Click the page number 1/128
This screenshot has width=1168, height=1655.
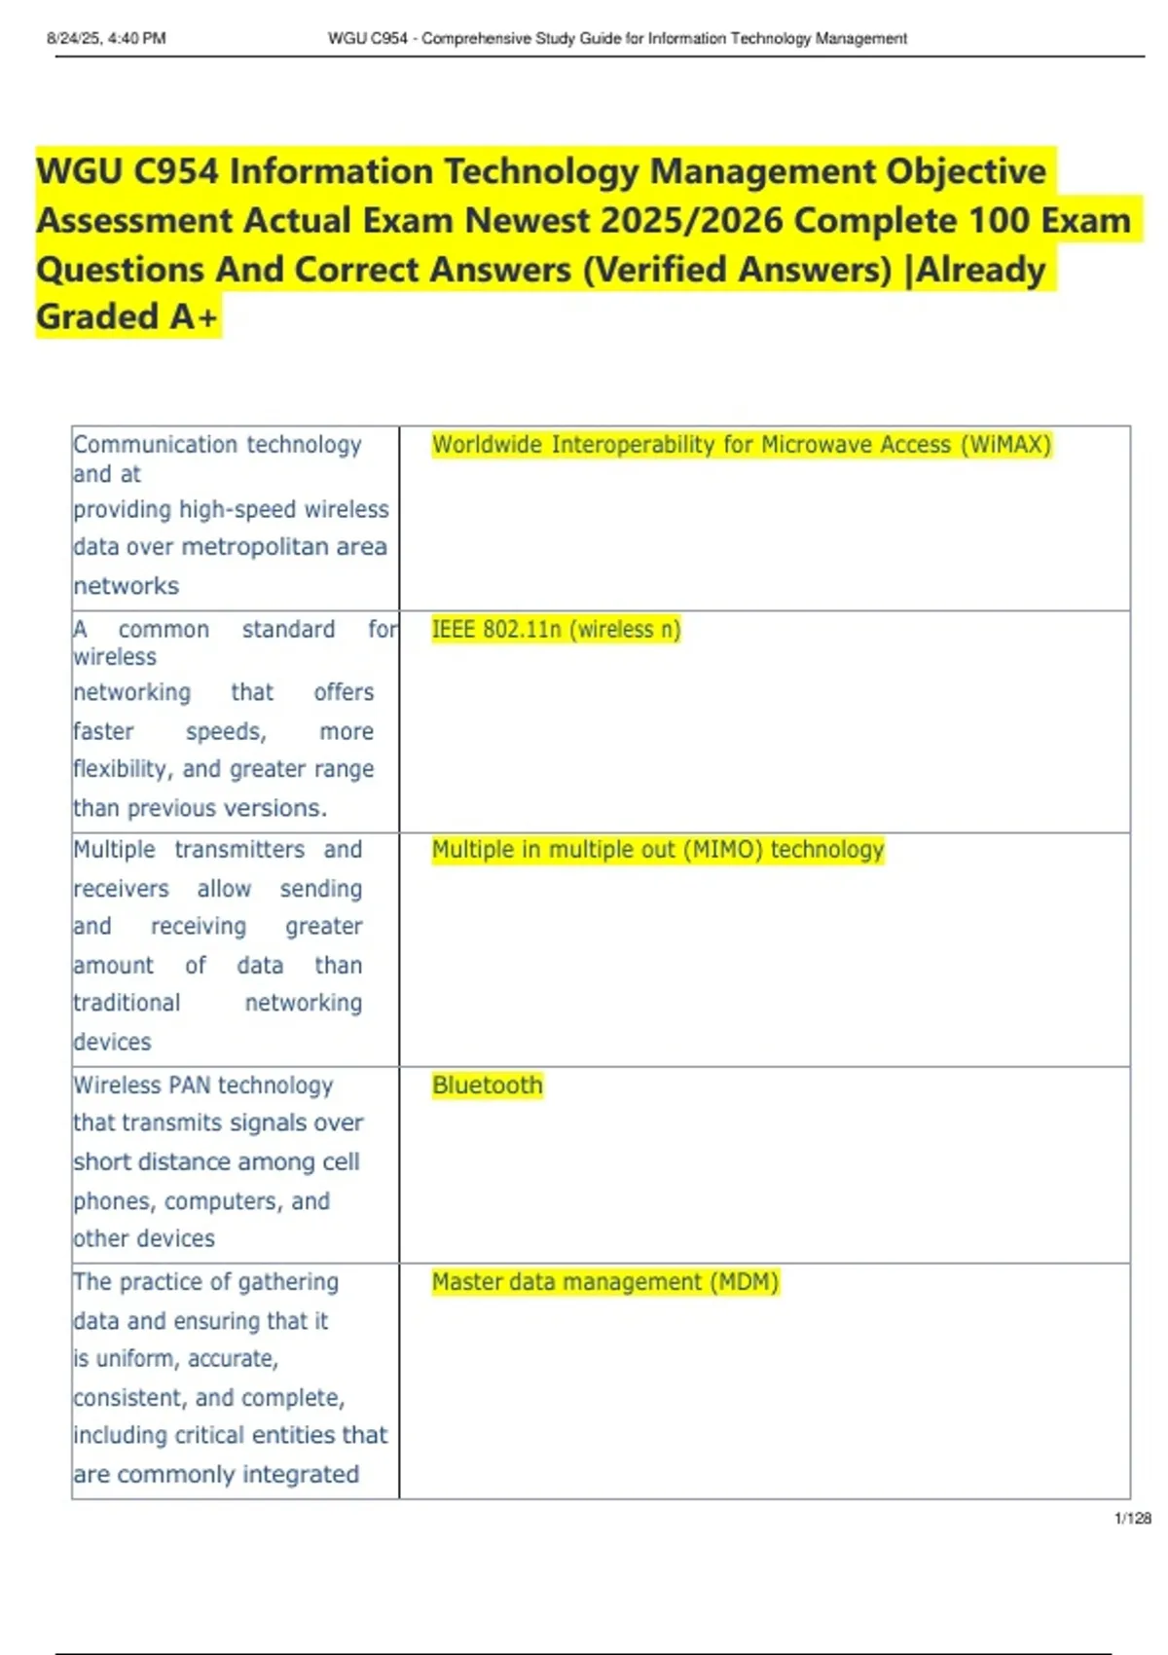(x=1132, y=1518)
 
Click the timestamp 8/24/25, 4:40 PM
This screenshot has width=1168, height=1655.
(x=106, y=39)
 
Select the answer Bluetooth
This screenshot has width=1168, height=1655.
(x=487, y=1085)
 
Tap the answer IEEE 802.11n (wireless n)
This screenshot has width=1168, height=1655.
(x=556, y=630)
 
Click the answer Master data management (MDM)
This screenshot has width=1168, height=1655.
(x=604, y=1282)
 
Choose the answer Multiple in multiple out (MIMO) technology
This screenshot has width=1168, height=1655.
(x=657, y=850)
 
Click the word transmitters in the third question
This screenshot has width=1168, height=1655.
(x=239, y=850)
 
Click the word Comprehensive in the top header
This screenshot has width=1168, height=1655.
(x=476, y=39)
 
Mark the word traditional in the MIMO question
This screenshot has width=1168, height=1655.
(x=127, y=1003)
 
